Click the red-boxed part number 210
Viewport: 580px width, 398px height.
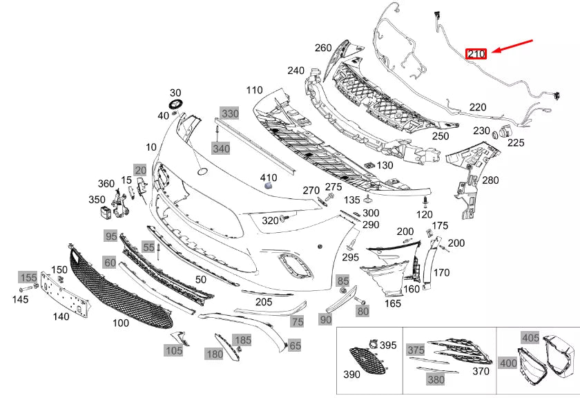pos(477,53)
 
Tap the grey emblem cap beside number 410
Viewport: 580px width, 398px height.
pos(269,183)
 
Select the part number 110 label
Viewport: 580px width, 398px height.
pos(254,91)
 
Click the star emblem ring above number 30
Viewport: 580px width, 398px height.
pos(175,104)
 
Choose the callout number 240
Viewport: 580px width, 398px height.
pos(296,70)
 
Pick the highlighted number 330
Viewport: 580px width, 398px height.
pos(229,113)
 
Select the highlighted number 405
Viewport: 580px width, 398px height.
pos(530,338)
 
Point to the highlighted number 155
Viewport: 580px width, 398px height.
pos(28,277)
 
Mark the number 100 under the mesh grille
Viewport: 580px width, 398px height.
pos(120,323)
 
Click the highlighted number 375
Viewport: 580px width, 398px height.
pos(416,350)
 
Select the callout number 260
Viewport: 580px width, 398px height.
pos(323,48)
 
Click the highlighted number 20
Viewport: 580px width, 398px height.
pos(140,170)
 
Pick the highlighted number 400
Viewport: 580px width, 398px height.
pos(507,362)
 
